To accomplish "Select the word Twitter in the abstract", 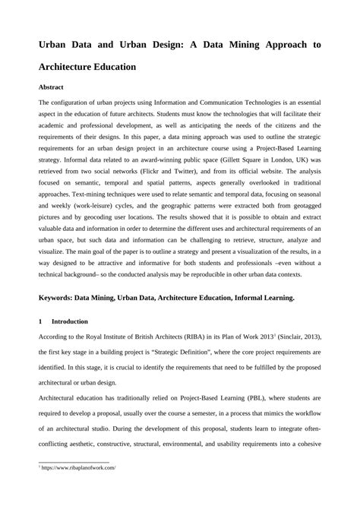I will point(203,172).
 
